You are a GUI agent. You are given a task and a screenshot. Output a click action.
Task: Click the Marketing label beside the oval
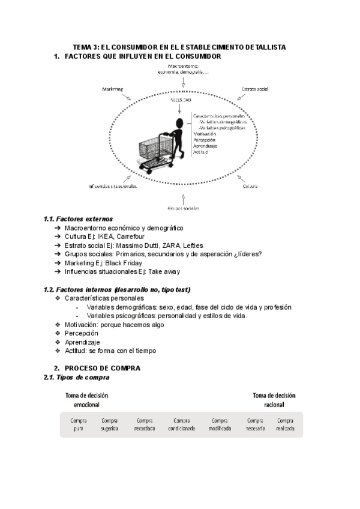(x=112, y=88)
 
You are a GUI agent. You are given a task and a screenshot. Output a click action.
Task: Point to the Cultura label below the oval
(x=250, y=186)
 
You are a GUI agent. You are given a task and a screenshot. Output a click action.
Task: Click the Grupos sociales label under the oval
(x=184, y=208)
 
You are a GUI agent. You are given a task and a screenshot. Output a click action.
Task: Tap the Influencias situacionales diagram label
(x=112, y=186)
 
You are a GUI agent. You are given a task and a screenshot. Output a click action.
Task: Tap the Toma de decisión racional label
(x=274, y=400)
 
